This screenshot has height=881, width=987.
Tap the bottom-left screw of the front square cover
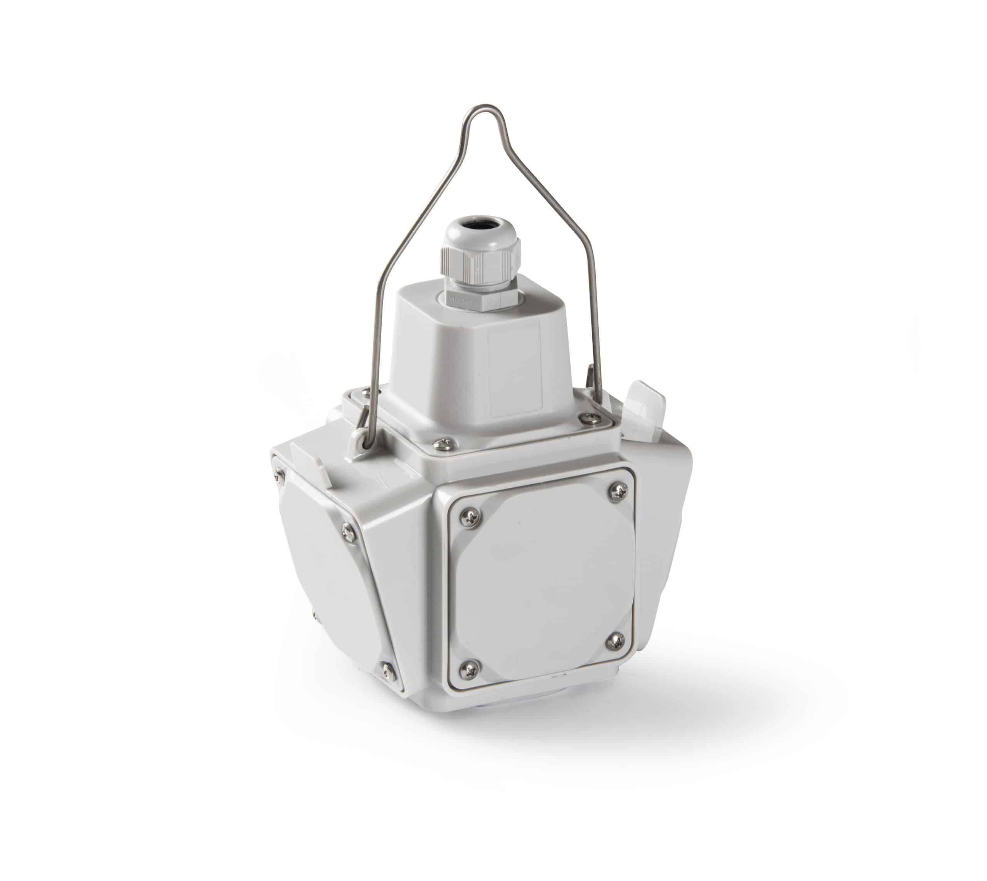pos(468,669)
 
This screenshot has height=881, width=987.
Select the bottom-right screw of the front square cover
pos(615,642)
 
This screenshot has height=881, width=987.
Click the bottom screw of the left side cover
pos(387,671)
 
